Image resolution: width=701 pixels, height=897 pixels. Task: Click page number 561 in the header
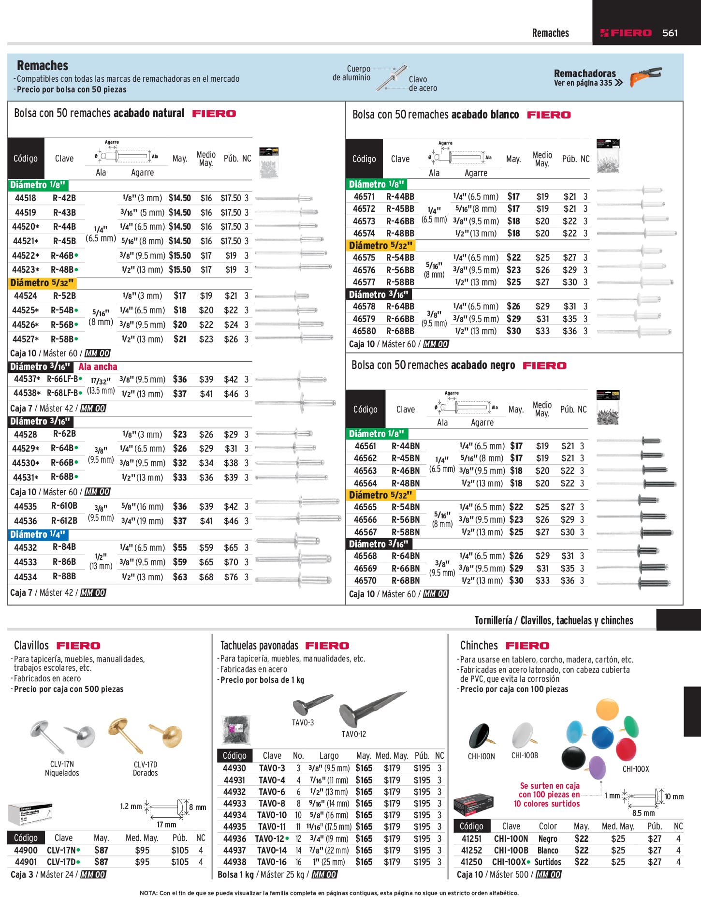(x=670, y=33)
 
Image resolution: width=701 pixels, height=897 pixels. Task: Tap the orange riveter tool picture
(x=646, y=76)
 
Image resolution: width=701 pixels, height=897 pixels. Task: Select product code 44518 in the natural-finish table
(x=25, y=198)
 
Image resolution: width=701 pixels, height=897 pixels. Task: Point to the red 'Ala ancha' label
(x=98, y=367)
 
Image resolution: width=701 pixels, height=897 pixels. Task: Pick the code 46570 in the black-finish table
(x=365, y=580)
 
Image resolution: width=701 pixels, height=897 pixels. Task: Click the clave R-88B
(x=64, y=576)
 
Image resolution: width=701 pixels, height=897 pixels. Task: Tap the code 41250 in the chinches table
(x=471, y=862)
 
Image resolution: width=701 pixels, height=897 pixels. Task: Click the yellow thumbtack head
(x=607, y=709)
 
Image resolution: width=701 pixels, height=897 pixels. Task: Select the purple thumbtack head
(x=598, y=768)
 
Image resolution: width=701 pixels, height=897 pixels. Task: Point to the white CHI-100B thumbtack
(x=523, y=735)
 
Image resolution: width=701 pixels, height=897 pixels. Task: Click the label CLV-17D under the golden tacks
(x=145, y=764)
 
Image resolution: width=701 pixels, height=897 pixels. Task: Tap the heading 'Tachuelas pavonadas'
(x=259, y=646)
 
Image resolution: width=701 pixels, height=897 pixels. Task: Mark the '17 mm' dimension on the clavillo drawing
(x=166, y=824)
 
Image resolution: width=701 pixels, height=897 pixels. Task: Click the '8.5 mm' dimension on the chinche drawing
(x=643, y=813)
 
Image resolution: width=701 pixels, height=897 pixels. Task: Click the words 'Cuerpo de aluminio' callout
(x=351, y=73)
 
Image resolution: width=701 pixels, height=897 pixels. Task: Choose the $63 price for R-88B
(x=180, y=577)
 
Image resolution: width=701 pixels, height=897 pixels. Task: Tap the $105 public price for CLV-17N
(x=180, y=850)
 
